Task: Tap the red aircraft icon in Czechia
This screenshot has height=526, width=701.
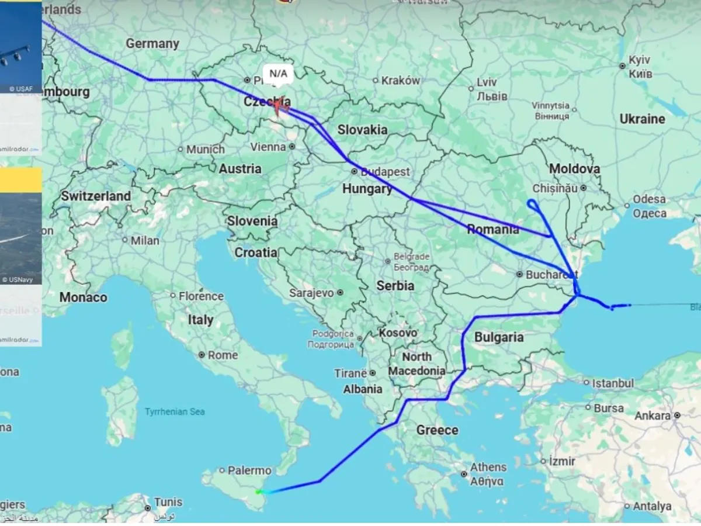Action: pyautogui.click(x=279, y=105)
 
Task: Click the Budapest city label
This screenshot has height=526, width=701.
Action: pyautogui.click(x=385, y=172)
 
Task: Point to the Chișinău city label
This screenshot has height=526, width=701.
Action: pyautogui.click(x=555, y=188)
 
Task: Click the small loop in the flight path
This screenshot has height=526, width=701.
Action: pyautogui.click(x=533, y=205)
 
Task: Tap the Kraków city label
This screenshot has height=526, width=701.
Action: pyautogui.click(x=400, y=81)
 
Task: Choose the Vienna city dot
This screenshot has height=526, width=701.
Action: pyautogui.click(x=292, y=147)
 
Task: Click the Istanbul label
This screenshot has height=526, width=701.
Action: pyautogui.click(x=613, y=383)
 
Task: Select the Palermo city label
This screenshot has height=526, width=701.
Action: pyautogui.click(x=249, y=470)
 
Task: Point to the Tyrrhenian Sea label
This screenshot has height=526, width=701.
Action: pyautogui.click(x=175, y=411)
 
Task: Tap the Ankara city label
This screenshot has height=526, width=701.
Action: pyautogui.click(x=653, y=416)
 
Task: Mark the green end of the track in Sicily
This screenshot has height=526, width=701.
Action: pyautogui.click(x=258, y=492)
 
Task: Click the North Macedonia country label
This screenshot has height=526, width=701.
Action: pyautogui.click(x=417, y=364)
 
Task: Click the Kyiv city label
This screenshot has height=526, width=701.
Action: pyautogui.click(x=639, y=61)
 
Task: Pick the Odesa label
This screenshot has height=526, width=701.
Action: pyautogui.click(x=649, y=199)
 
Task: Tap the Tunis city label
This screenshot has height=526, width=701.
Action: pyautogui.click(x=168, y=502)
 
